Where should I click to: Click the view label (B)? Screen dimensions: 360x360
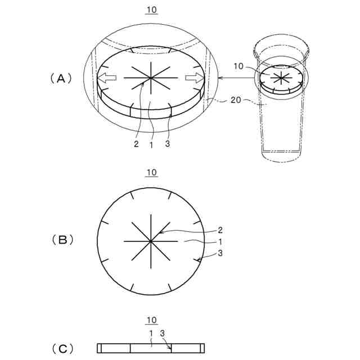click(x=62, y=240)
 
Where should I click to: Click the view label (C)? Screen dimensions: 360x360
click(x=62, y=349)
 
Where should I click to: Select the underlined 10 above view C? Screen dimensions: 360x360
click(x=151, y=321)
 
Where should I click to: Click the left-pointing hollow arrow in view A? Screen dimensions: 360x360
click(x=107, y=77)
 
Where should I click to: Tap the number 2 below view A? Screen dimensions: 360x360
click(x=136, y=144)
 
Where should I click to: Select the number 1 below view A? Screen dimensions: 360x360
click(x=151, y=144)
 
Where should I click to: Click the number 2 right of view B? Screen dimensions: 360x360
click(x=220, y=229)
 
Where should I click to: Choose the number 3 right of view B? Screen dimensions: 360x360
click(x=220, y=254)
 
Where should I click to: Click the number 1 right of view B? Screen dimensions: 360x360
click(x=220, y=241)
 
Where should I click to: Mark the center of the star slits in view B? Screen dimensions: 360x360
click(x=151, y=241)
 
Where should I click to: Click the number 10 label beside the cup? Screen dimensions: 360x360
click(x=238, y=66)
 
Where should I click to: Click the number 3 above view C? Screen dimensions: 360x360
click(x=162, y=334)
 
